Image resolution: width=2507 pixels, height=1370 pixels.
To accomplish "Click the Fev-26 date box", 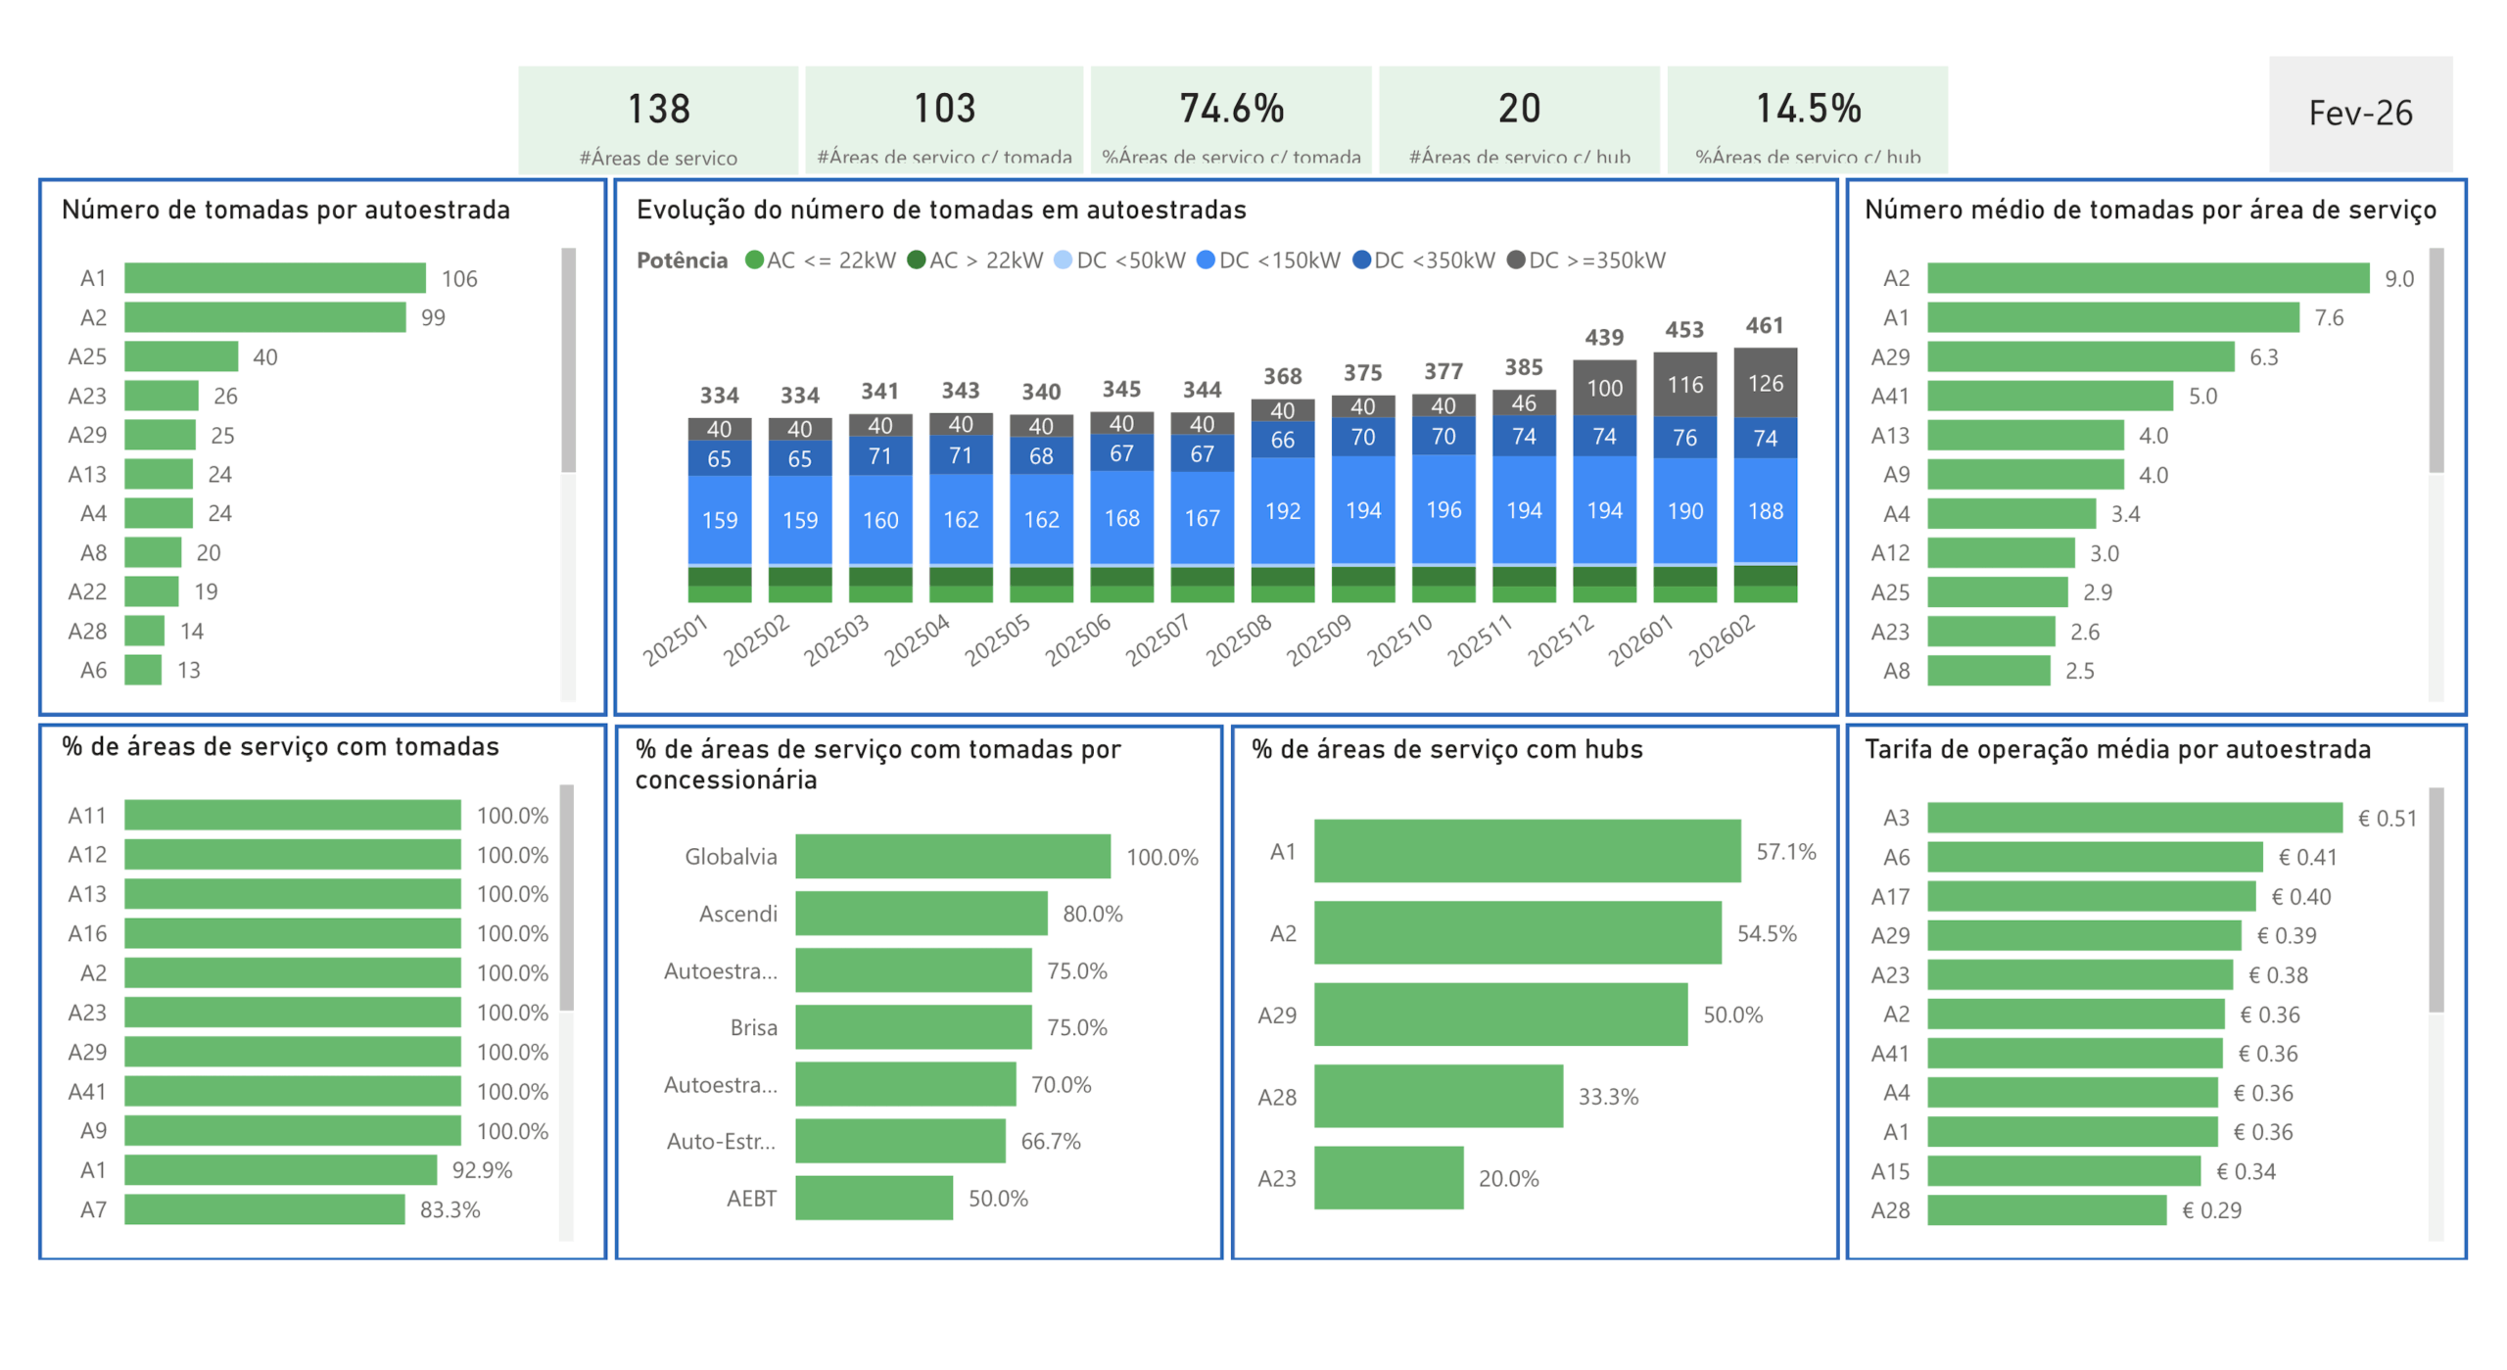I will tap(2359, 114).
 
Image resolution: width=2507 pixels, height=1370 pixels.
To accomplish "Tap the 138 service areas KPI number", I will tap(658, 109).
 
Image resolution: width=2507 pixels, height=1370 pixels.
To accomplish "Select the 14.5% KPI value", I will tap(1807, 109).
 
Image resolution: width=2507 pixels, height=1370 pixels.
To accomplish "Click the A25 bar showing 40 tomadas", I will tap(181, 356).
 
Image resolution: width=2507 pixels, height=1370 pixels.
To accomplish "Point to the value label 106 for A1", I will tap(459, 279).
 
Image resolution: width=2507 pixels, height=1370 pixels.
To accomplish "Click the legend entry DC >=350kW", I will tap(1585, 260).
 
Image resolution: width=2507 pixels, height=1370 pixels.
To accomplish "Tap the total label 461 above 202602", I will tap(1764, 325).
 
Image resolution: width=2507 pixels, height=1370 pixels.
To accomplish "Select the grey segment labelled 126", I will tap(1765, 383).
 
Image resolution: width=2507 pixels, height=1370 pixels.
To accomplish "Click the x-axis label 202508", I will tap(1238, 640).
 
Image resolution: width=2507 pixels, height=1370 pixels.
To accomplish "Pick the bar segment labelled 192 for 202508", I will tap(1282, 511).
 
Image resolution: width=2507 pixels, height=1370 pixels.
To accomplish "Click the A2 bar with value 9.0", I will tap(2147, 279).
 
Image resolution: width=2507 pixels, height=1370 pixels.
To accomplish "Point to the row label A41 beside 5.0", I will tap(1889, 397).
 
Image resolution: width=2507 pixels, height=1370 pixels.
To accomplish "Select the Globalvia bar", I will tap(952, 857).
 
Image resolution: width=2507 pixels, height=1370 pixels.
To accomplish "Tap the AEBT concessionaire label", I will tap(751, 1198).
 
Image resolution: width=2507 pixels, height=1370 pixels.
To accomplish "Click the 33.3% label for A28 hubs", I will tap(1607, 1097).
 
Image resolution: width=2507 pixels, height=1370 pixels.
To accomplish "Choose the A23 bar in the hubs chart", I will tap(1388, 1178).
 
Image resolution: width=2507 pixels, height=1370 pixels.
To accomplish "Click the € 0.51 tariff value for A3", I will tap(2387, 819).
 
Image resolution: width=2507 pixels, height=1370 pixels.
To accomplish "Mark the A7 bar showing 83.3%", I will tap(264, 1209).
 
